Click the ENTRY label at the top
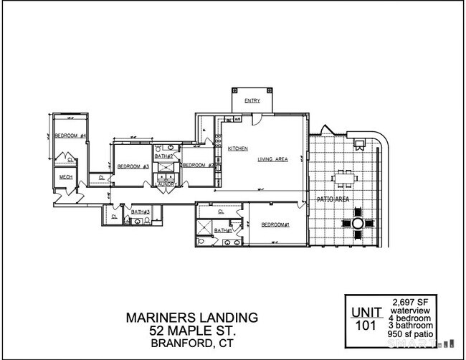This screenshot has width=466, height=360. [252, 101]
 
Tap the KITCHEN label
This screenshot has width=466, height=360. [238, 148]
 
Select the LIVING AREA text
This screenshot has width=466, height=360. [273, 159]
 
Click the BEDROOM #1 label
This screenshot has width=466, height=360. [275, 225]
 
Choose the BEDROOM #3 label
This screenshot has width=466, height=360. [133, 166]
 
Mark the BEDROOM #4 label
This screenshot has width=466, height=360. [71, 136]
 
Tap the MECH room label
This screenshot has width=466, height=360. [66, 177]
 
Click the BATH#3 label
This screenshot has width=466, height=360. [140, 212]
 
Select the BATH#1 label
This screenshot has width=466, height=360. [223, 230]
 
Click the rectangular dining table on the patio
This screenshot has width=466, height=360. [345, 176]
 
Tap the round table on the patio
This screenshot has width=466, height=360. [356, 224]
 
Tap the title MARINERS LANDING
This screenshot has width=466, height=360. [192, 316]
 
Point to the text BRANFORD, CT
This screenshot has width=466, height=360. [192, 343]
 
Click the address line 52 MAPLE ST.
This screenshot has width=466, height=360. [192, 330]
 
